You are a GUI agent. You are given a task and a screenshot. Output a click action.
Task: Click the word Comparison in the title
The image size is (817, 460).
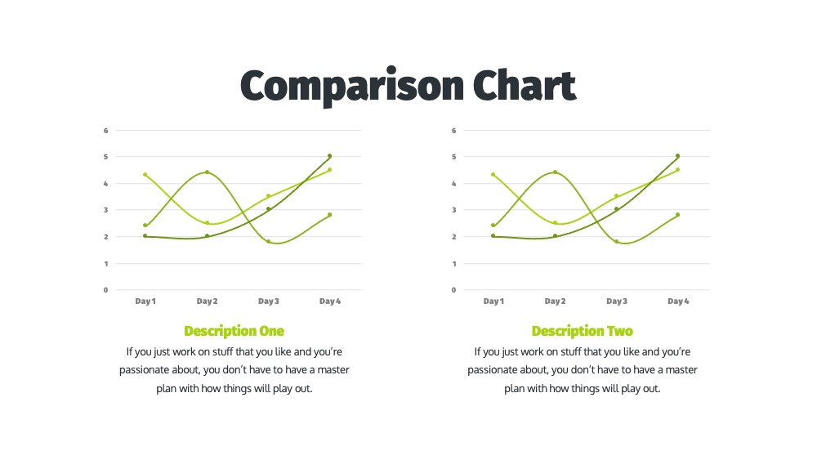pos(351,86)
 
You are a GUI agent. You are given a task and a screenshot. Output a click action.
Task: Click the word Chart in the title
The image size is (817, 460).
pos(525,85)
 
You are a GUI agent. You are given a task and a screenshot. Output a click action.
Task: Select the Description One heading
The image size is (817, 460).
pos(234,332)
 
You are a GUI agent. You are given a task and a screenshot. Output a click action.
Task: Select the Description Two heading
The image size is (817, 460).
pos(582,332)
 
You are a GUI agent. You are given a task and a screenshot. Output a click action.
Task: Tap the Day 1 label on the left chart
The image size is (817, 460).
pos(145,301)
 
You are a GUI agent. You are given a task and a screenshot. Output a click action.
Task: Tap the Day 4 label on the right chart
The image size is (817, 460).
pos(678,301)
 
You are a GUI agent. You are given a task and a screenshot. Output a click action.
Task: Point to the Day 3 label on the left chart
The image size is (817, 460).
pos(268,301)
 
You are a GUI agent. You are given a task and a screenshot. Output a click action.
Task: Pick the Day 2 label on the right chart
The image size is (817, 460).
pos(555,301)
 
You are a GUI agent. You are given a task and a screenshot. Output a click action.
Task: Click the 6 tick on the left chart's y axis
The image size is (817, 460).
pos(105,131)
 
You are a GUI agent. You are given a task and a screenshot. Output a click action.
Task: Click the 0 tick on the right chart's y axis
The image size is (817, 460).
pos(453,290)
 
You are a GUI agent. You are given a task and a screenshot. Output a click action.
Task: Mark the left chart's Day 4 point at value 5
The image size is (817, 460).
pos(330,156)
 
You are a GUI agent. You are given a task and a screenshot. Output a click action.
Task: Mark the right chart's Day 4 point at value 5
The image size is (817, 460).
pos(678,156)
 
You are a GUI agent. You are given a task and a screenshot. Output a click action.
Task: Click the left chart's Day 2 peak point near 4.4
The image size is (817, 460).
pos(207,172)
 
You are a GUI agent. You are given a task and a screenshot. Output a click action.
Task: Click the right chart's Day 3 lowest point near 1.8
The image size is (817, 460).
pos(616,242)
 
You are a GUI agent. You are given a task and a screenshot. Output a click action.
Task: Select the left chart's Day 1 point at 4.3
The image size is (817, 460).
pos(145,175)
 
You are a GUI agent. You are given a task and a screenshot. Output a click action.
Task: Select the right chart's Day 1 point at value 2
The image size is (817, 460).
pos(493,236)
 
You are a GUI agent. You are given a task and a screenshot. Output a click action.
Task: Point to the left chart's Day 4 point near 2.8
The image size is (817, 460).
pos(330,215)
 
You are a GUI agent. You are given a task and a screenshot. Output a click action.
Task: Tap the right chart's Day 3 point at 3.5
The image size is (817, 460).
pos(616,196)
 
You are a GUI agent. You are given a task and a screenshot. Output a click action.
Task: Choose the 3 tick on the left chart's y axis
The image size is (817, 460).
pos(105,210)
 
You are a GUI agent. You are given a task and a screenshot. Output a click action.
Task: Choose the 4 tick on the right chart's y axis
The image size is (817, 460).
pos(453,184)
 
